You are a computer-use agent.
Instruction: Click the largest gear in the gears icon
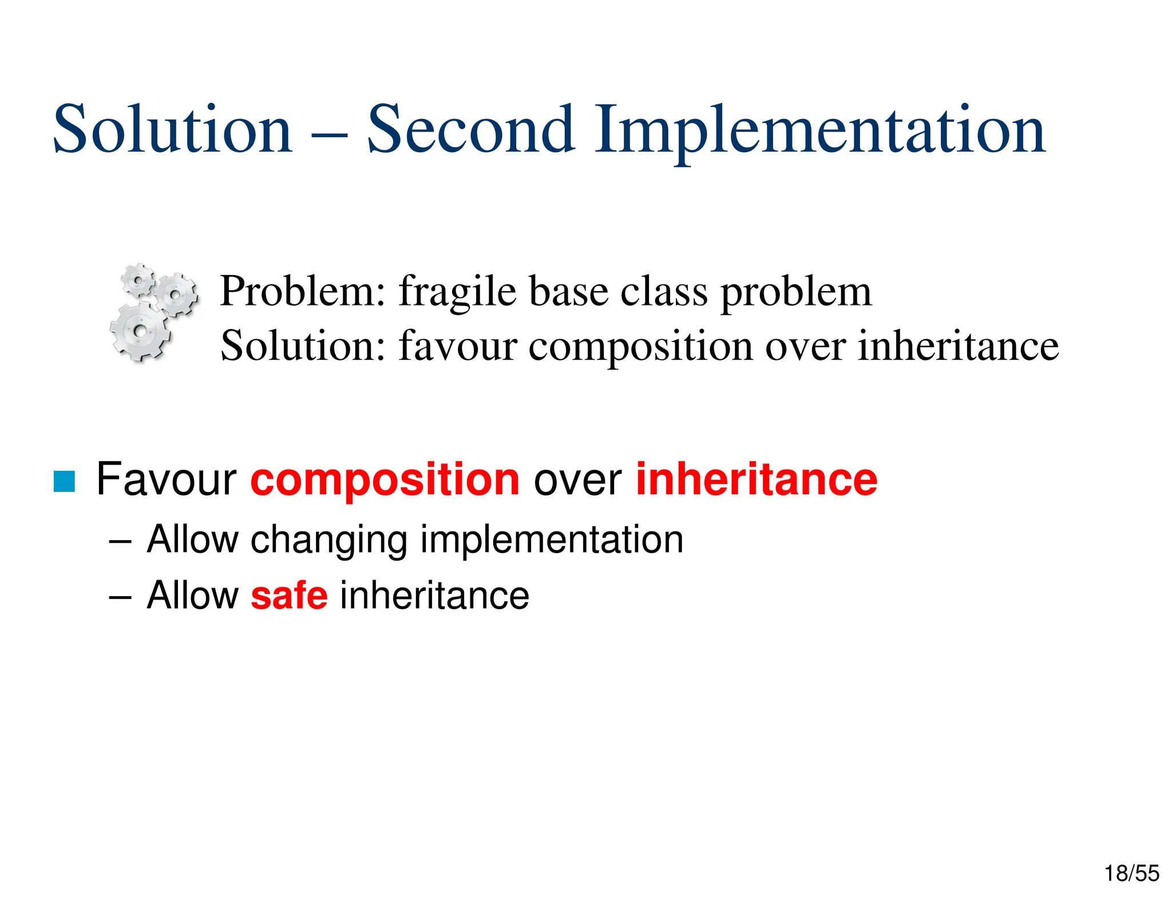point(139,331)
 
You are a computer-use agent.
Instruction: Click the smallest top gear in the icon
point(138,280)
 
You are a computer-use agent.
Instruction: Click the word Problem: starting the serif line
point(303,292)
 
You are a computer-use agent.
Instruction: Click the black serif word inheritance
point(958,346)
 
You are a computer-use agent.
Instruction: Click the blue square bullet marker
point(64,481)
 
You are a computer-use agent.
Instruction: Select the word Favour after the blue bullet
point(166,479)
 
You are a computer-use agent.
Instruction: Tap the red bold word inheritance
point(757,479)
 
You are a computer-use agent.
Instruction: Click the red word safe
point(289,596)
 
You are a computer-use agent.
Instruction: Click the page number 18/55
point(1131,874)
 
